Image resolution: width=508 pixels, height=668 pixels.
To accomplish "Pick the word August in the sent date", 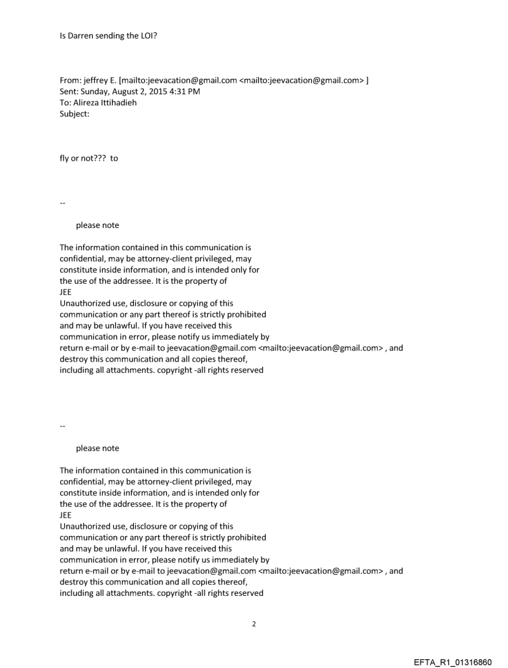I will click(x=129, y=92).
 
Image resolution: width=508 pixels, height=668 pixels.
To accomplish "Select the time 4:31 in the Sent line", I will click(x=186, y=92).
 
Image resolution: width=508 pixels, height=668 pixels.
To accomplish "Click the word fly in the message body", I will click(x=65, y=158).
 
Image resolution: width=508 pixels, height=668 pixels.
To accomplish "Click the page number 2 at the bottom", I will click(x=253, y=624).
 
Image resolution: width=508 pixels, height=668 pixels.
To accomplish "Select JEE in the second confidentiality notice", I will click(x=66, y=515).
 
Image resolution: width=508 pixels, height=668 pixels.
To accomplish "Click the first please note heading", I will click(x=97, y=225).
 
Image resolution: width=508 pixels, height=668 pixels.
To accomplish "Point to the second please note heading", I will click(x=97, y=448).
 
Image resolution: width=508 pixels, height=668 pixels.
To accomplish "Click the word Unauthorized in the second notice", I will click(x=86, y=526).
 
